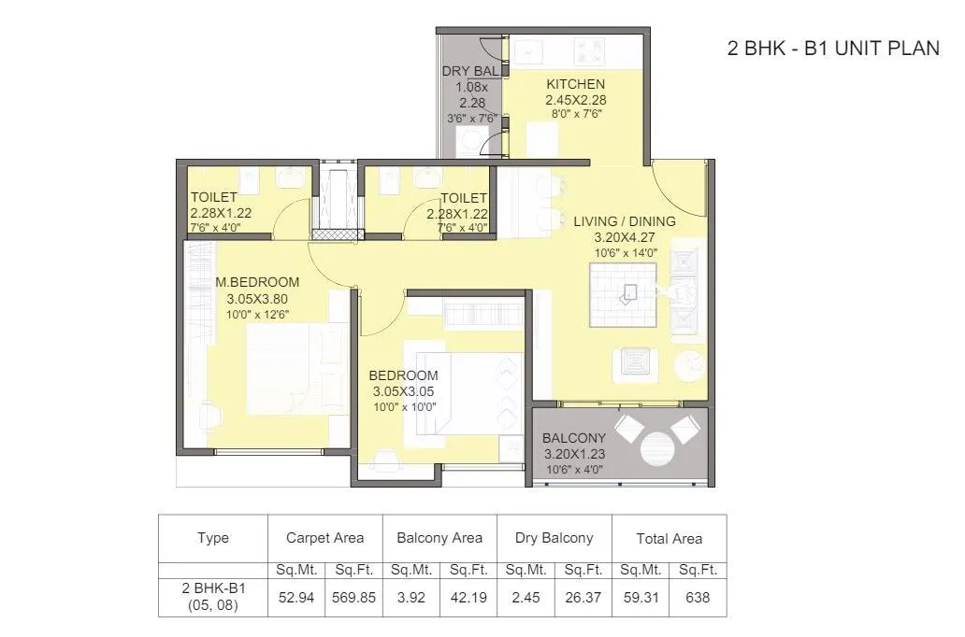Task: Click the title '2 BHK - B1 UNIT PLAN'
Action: click(x=833, y=50)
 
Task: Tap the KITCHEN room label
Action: click(x=575, y=84)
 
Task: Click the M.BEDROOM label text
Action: click(x=257, y=282)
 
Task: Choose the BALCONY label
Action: click(x=574, y=437)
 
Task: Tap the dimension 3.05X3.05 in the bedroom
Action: click(x=403, y=391)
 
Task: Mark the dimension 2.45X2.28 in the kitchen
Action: click(x=575, y=99)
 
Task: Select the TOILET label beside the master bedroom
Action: click(x=214, y=197)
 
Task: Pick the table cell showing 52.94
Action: click(x=295, y=598)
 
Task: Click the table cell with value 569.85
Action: click(x=354, y=598)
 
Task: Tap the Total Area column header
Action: click(x=669, y=538)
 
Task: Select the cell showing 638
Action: click(x=698, y=598)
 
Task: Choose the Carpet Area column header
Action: click(x=324, y=538)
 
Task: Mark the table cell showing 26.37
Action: click(x=583, y=598)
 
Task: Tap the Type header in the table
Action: click(x=213, y=538)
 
